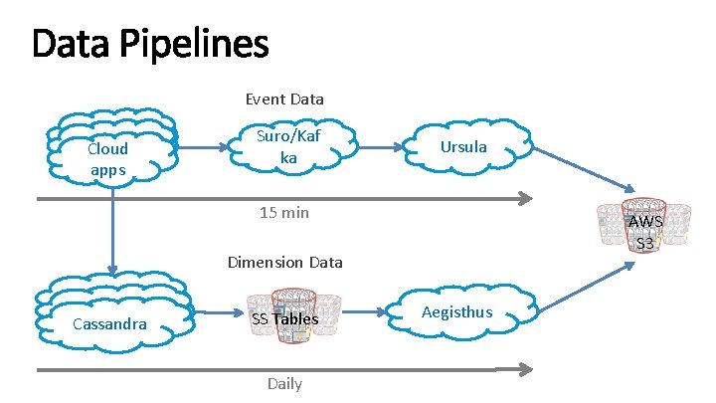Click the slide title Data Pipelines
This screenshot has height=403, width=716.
pos(150,44)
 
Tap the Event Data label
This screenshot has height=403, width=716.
pos(284,100)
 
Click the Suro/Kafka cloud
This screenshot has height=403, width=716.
pos(287,147)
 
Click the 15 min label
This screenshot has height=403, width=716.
pos(284,212)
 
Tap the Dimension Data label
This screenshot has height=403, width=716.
pos(284,263)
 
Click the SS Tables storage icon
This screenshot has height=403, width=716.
pos(285,317)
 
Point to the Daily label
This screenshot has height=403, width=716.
pos(284,383)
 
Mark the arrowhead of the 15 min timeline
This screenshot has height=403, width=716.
pos(526,200)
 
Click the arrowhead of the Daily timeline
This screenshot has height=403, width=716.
pos(526,369)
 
